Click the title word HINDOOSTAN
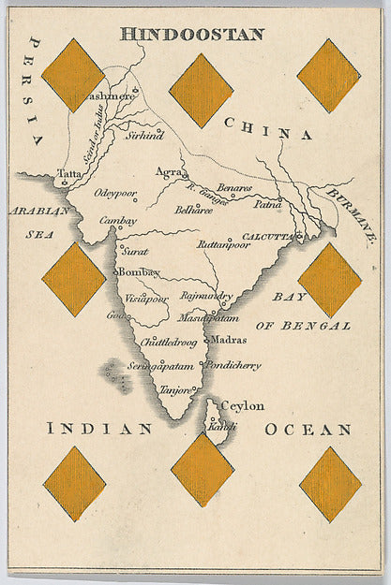(x=192, y=34)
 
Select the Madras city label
(x=230, y=340)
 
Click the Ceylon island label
(x=242, y=405)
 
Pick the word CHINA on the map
(x=267, y=129)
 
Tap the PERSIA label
(x=36, y=90)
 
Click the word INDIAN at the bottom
(x=99, y=429)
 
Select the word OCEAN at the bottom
(x=308, y=429)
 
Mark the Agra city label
(x=169, y=172)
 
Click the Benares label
(x=233, y=188)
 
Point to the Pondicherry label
(x=234, y=365)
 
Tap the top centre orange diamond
(x=201, y=90)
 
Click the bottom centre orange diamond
(x=202, y=469)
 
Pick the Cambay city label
(x=118, y=221)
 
